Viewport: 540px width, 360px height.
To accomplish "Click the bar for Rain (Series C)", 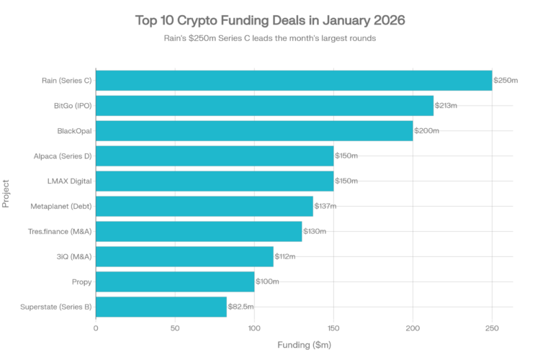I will coord(294,81).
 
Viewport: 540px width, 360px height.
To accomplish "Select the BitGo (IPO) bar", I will coord(265,106).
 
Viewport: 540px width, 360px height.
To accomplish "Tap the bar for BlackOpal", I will coord(254,131).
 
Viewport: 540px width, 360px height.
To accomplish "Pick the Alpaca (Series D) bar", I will coord(215,156).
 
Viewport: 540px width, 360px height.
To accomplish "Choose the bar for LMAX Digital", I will coord(215,181).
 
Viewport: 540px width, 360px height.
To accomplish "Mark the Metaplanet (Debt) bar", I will coord(204,206).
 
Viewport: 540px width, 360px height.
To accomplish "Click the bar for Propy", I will coord(175,281).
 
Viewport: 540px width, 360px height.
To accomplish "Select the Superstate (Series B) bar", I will coord(161,306).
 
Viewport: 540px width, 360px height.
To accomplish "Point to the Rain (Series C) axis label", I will coord(67,81).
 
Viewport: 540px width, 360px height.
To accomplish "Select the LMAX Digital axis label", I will coord(71,181).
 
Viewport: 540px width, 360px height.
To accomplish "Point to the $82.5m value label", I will coord(241,306).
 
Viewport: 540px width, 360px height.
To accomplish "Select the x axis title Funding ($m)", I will coord(304,345).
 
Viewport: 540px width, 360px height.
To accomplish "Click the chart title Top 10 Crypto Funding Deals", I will coord(270,21).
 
